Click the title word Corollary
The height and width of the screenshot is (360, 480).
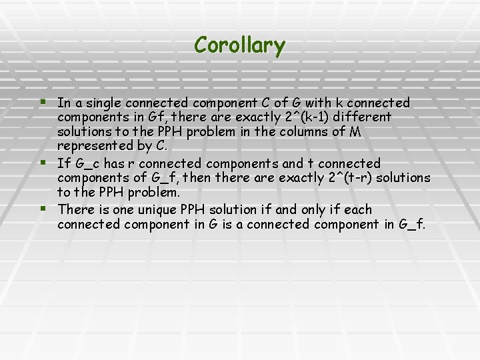[x=239, y=45]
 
